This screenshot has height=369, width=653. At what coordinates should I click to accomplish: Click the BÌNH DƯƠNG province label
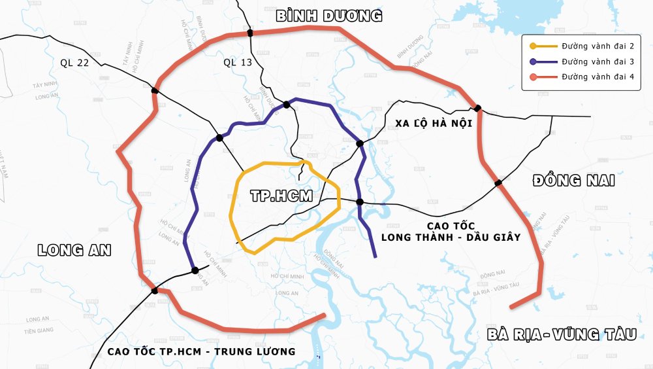point(328,16)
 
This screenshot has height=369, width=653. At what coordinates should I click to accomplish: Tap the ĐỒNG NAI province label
point(573,181)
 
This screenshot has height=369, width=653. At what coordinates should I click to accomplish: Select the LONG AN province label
point(74,250)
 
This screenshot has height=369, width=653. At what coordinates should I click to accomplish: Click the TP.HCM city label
point(281,196)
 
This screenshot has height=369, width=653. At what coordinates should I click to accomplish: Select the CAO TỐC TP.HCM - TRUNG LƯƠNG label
point(201,351)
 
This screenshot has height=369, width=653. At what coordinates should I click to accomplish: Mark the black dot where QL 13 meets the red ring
point(250,33)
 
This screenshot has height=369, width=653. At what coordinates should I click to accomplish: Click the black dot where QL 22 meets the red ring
point(155,91)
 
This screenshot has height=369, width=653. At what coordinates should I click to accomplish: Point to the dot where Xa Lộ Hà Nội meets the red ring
point(478,108)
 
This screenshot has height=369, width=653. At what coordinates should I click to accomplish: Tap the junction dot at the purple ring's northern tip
point(286,105)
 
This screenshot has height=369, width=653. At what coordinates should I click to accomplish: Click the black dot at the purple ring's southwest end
point(195,270)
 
